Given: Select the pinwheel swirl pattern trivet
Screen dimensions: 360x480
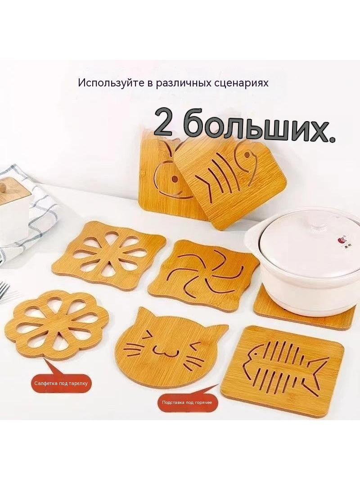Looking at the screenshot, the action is [x=204, y=269].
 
